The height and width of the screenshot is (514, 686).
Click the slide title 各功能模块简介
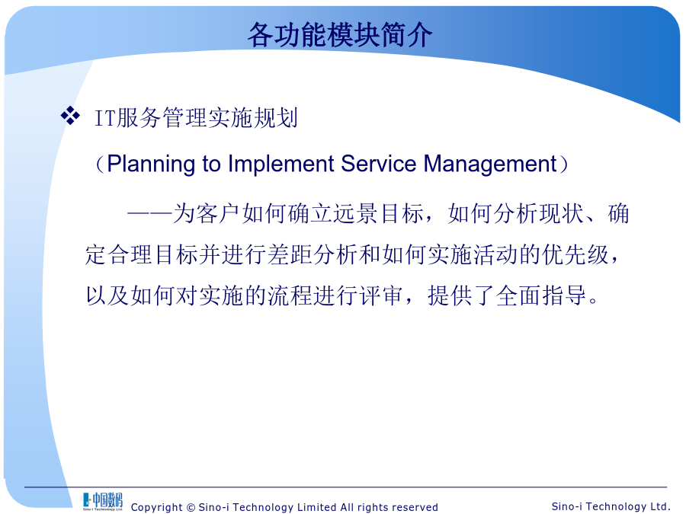(340, 35)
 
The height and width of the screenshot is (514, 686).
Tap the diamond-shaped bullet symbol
(70, 116)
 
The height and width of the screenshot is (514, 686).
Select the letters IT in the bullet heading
(105, 119)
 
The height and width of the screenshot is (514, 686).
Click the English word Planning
(151, 164)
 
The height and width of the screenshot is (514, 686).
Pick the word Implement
(280, 164)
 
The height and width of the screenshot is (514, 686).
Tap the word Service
(379, 164)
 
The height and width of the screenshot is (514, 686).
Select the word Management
(490, 164)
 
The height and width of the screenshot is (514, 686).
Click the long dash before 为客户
(149, 214)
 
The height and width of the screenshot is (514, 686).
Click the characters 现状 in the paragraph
(563, 214)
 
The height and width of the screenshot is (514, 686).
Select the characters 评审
(380, 296)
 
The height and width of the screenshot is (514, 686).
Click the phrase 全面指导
(540, 296)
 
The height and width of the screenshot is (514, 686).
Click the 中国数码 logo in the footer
(102, 501)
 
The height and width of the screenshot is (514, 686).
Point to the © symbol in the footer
(191, 507)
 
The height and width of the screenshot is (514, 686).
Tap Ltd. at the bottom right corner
(660, 506)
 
